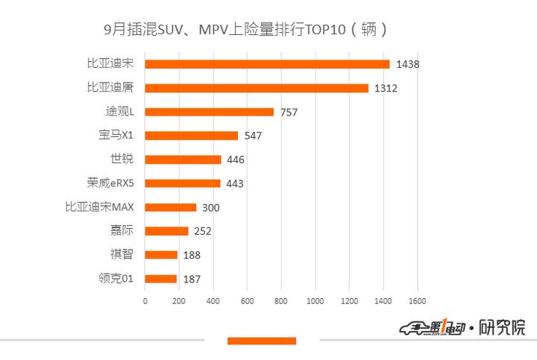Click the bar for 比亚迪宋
click(267, 64)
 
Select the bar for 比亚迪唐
click(257, 88)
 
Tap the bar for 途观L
click(210, 112)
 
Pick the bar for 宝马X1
click(192, 136)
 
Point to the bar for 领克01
click(161, 279)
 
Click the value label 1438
click(408, 64)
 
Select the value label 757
click(289, 113)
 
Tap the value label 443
click(235, 183)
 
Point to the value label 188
click(192, 255)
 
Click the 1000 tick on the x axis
click(315, 301)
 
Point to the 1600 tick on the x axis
click(416, 301)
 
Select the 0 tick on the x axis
click(145, 301)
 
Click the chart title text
click(245, 31)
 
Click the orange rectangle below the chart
click(262, 341)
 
